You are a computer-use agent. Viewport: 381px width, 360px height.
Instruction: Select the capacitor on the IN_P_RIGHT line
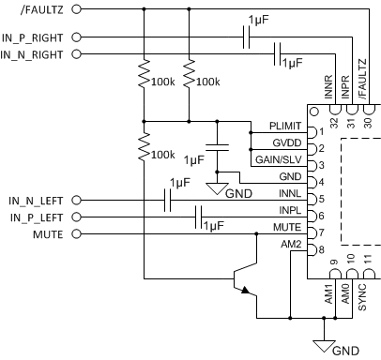[x=246, y=37]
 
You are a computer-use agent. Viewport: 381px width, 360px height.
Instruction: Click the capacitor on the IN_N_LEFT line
[x=167, y=200]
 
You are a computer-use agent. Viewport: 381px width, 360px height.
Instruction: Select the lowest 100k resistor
[x=144, y=149]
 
